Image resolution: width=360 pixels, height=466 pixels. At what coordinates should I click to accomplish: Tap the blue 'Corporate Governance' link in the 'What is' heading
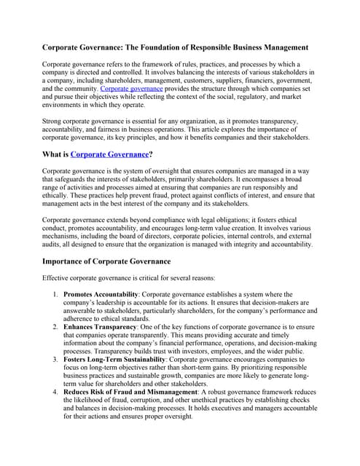[109, 154]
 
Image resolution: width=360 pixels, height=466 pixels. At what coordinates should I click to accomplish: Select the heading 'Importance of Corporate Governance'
[106, 261]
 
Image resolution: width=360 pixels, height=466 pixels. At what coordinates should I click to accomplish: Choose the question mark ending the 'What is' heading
[151, 154]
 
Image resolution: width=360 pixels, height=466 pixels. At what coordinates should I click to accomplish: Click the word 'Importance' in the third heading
[67, 261]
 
